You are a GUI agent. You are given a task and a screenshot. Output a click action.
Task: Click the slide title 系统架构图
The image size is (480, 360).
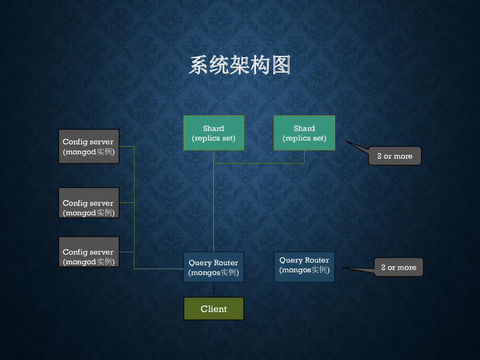pos(240,65)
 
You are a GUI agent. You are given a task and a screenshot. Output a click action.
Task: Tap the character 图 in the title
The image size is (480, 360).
pos(280,65)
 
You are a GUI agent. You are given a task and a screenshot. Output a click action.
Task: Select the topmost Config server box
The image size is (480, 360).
pos(89,146)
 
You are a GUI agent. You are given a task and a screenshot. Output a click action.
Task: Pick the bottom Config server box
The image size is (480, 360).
pos(89,252)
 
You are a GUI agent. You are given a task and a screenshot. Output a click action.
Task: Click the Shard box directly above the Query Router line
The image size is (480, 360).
pos(214,133)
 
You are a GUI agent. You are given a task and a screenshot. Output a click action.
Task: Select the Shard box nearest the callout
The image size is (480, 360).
pos(304,133)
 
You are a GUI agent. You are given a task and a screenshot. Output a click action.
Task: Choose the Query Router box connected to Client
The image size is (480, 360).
pos(214,267)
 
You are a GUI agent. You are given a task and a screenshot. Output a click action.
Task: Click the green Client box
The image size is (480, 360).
pos(214,309)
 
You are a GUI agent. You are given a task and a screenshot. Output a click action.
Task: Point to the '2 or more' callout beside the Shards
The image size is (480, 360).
pos(395,156)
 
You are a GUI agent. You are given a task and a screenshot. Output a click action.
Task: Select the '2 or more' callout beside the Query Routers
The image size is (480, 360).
pos(399,267)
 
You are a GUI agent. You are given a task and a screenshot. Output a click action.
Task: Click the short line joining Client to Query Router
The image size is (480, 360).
pos(214,290)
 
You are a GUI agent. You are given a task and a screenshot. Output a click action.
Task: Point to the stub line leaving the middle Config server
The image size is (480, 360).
pos(127,202)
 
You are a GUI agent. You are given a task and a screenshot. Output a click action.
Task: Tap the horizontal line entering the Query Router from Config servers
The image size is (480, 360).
pos(159,269)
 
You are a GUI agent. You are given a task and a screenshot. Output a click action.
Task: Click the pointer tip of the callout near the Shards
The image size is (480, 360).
pos(347,142)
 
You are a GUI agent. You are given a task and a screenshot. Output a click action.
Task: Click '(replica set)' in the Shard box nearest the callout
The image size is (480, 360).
pos(304,138)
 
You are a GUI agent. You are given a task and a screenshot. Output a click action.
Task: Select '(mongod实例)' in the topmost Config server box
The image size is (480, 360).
pos(89,152)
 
